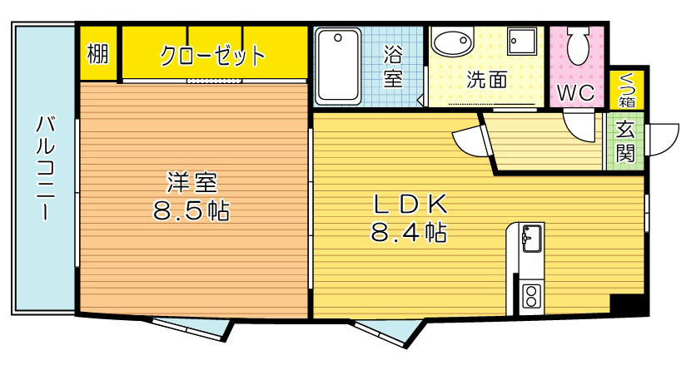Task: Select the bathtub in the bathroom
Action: [337, 66]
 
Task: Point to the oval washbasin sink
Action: [453, 42]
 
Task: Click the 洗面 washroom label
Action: [487, 81]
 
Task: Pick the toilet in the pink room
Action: [576, 42]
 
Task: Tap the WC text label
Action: [575, 92]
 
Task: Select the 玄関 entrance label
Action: [624, 141]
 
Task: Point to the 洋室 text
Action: [191, 181]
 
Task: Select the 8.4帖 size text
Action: [409, 232]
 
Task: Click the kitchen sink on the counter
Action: [530, 239]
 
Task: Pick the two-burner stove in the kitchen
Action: [530, 294]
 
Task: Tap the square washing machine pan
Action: [523, 38]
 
